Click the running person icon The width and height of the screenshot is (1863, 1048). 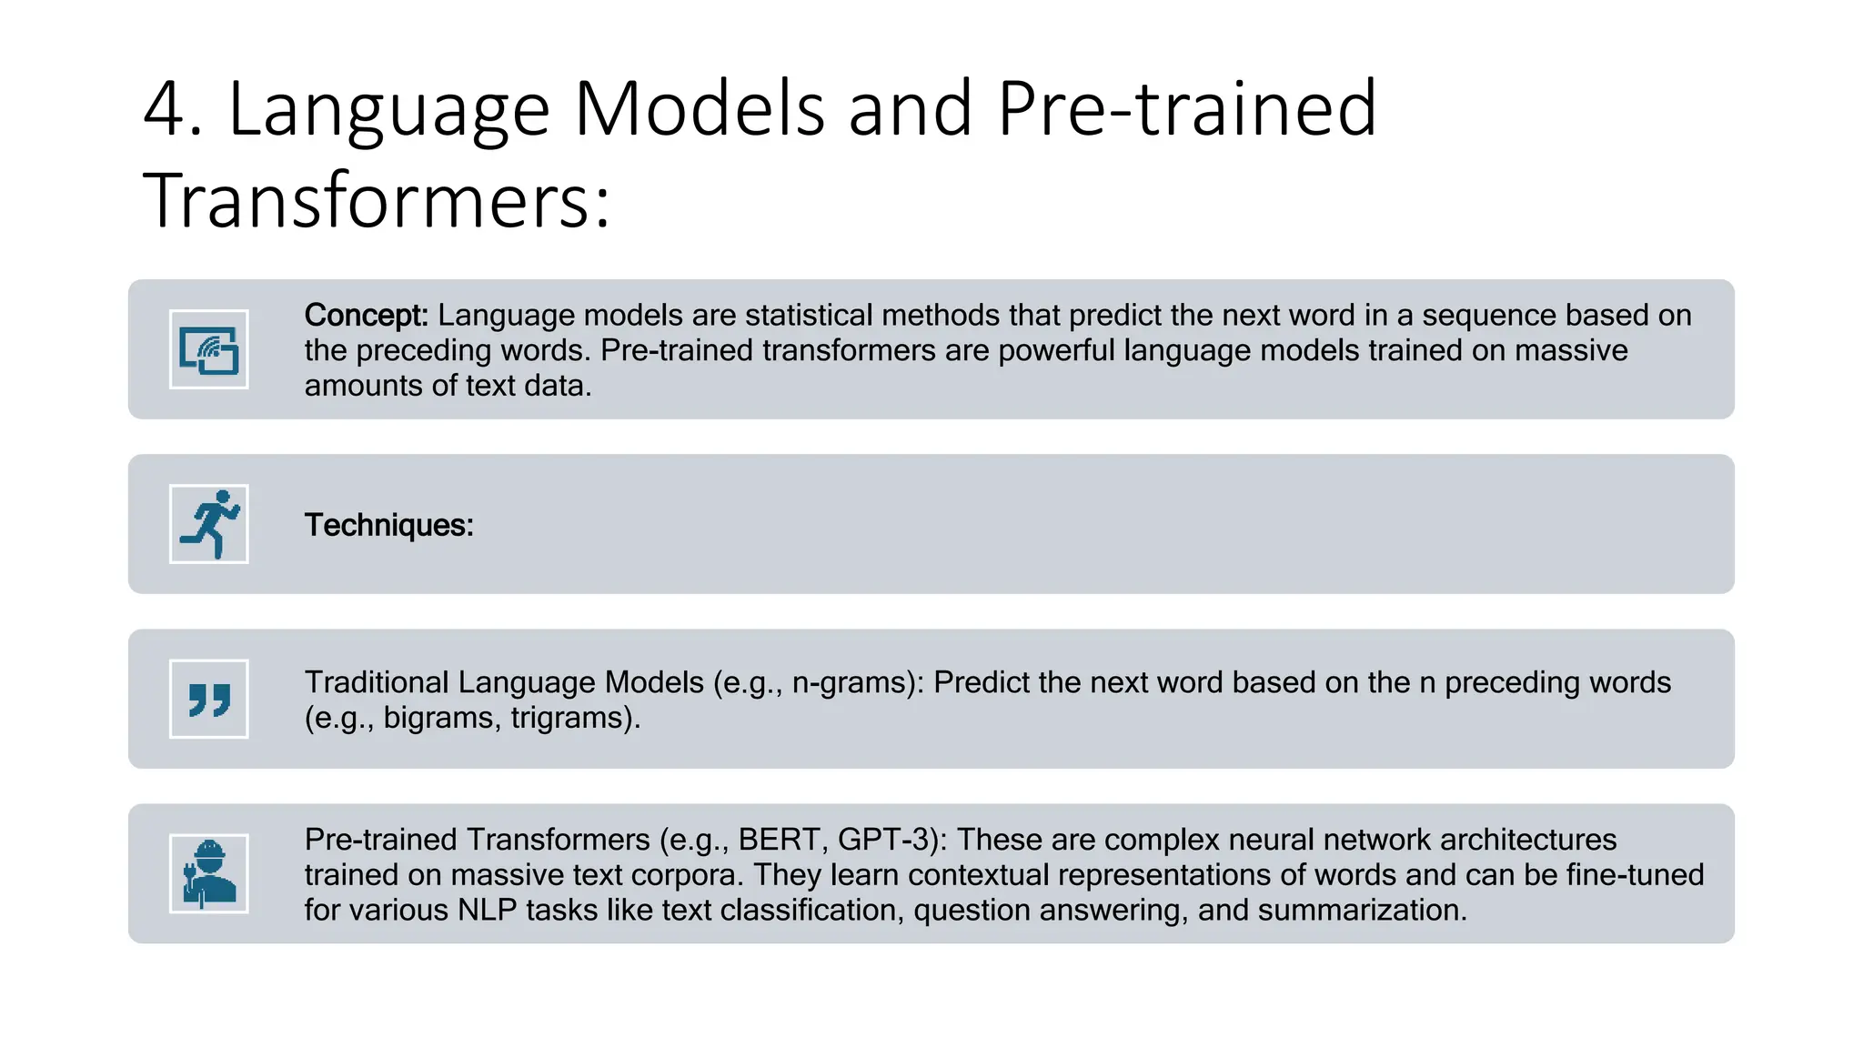tap(209, 524)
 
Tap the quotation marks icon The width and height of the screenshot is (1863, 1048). tap(209, 700)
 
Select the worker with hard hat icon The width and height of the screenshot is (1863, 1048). tap(209, 874)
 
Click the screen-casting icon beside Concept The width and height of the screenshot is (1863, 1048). tap(209, 350)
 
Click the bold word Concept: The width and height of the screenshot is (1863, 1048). tap(366, 315)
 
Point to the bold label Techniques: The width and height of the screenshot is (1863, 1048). tap(388, 525)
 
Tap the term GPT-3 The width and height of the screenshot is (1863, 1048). tap(886, 839)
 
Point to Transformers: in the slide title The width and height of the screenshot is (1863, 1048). tap(377, 200)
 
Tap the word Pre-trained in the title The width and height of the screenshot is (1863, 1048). tap(1186, 109)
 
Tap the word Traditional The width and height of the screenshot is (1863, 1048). tap(377, 682)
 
